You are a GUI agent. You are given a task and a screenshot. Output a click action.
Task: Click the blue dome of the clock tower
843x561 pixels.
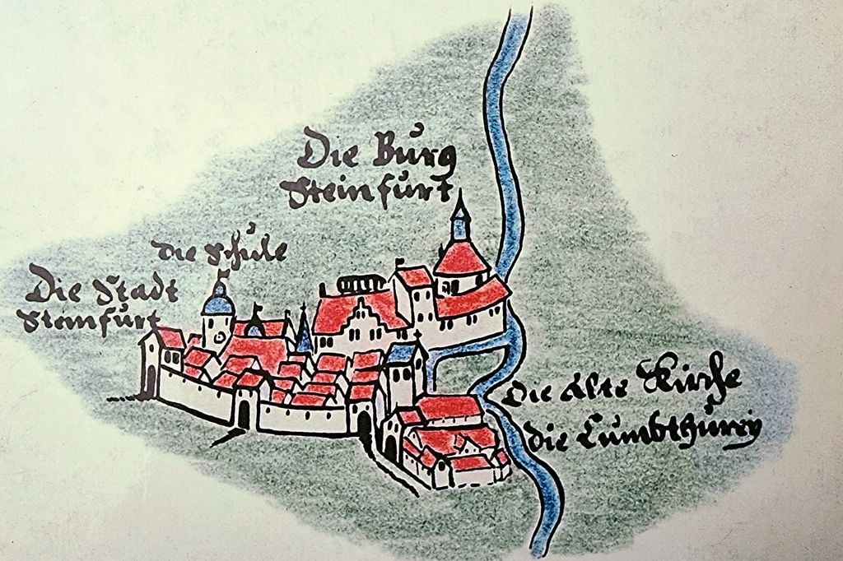[x=219, y=305]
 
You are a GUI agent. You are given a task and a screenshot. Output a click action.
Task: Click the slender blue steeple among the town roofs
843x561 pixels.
[x=305, y=332]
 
